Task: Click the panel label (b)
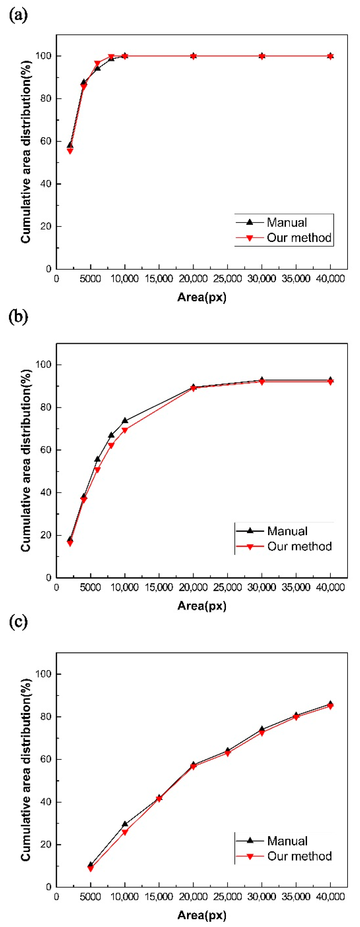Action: (18, 317)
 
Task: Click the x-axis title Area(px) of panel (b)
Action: (202, 606)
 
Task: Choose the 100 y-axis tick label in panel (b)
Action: (43, 365)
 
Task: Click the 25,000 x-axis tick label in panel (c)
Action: (228, 896)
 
